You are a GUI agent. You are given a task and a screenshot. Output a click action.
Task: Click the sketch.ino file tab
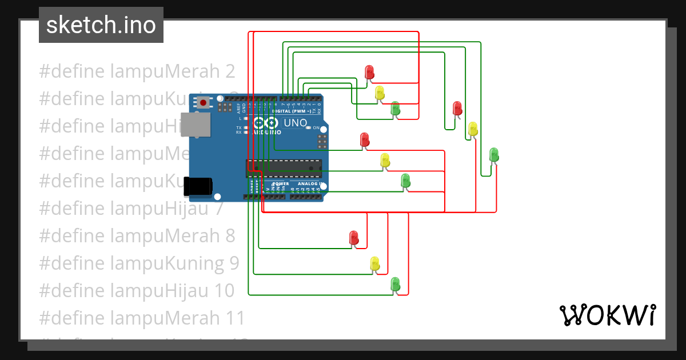(101, 25)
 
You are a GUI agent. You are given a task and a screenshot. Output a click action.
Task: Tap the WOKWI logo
(607, 315)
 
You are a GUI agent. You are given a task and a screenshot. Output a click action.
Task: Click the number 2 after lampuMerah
(230, 71)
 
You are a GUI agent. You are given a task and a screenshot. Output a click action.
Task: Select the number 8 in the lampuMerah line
(230, 235)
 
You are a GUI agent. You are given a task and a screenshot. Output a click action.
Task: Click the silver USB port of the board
(194, 125)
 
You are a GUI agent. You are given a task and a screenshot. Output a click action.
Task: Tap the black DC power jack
(198, 186)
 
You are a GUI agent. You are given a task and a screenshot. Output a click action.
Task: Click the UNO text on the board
(296, 123)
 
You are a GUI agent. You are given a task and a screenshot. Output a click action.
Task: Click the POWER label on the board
(280, 184)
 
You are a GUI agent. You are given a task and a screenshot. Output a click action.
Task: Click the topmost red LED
(369, 72)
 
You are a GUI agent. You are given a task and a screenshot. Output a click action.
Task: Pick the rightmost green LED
(494, 154)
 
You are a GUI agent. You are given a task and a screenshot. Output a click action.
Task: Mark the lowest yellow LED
(374, 263)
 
